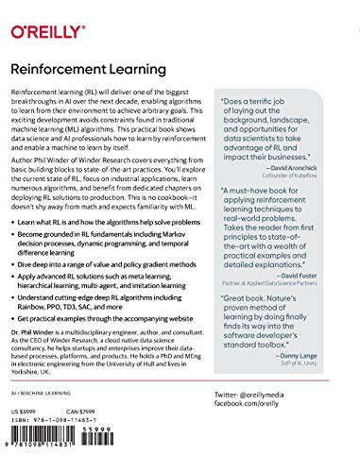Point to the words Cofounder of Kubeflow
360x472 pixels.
click(x=302, y=177)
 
